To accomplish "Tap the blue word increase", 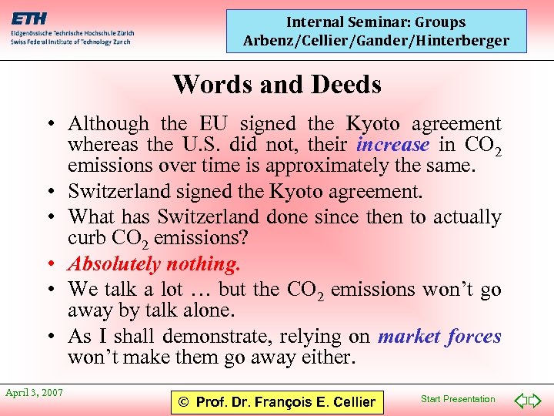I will tap(392, 144).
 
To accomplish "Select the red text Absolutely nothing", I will tap(154, 264).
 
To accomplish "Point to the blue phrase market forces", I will tap(439, 336).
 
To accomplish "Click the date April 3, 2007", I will tap(35, 393).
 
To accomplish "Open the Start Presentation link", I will tap(458, 398).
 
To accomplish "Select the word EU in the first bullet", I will tap(214, 123).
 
